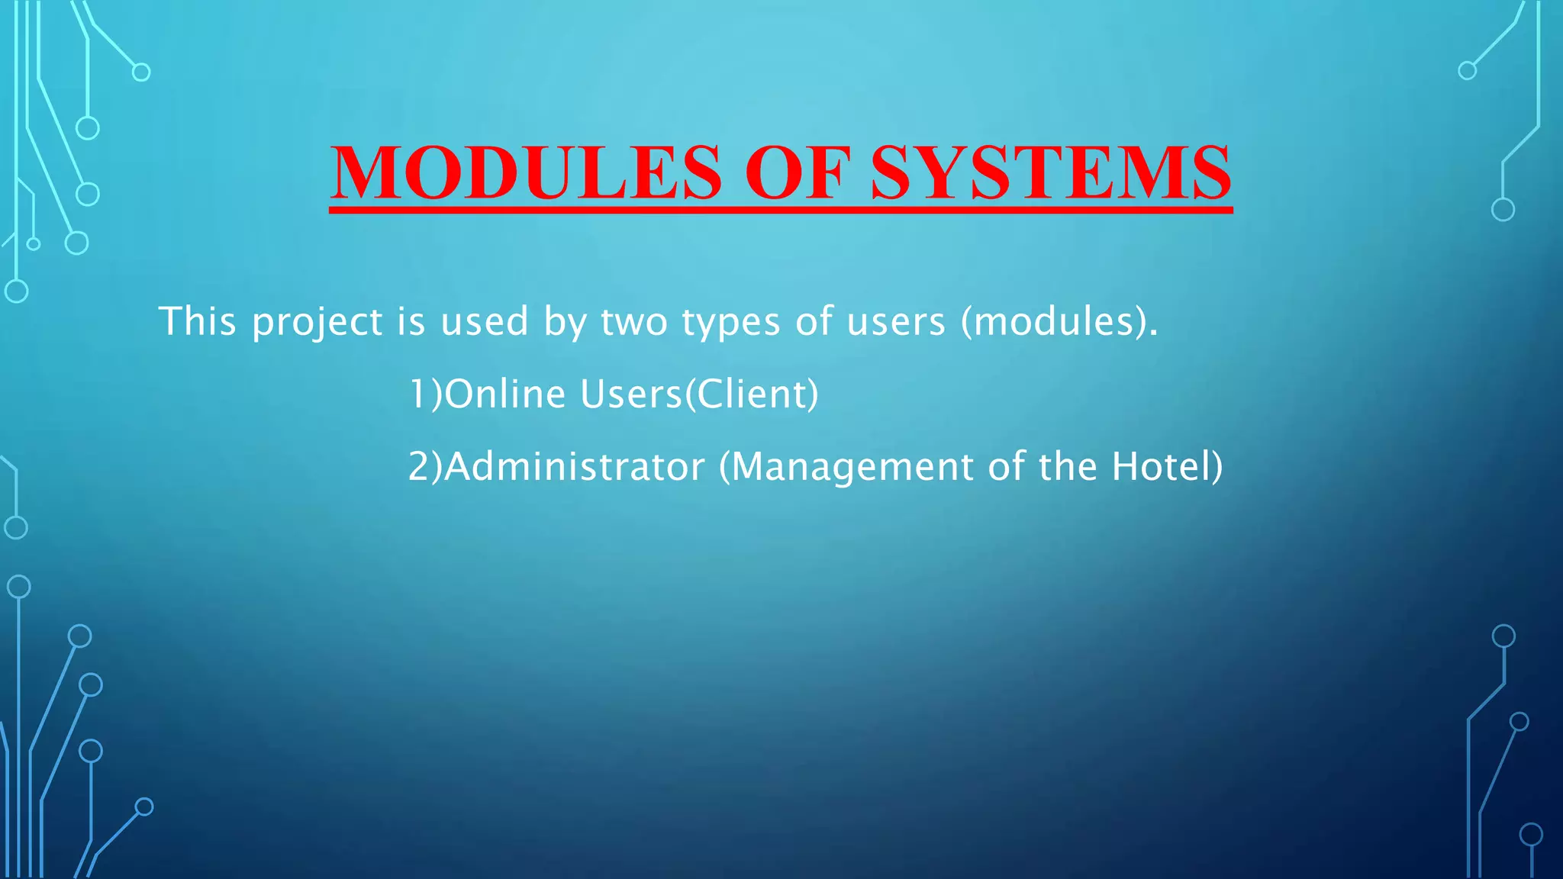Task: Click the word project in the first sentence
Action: (317, 322)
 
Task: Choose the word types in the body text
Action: (730, 323)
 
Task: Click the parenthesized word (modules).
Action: (1059, 321)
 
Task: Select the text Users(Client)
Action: (698, 394)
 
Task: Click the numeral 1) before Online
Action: (425, 394)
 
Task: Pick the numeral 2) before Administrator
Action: (425, 467)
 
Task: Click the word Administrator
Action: (575, 467)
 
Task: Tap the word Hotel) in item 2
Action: (1167, 467)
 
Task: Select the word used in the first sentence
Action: (484, 321)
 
